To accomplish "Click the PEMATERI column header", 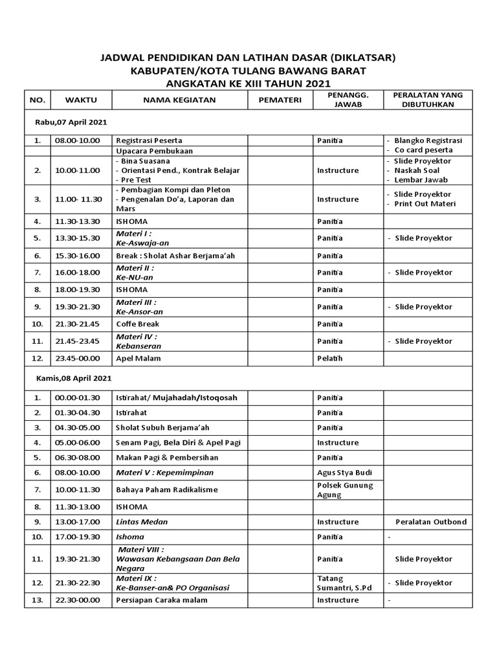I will pyautogui.click(x=280, y=100).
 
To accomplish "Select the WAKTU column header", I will pyautogui.click(x=81, y=100).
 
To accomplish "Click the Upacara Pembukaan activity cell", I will pyautogui.click(x=154, y=150).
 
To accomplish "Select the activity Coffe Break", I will pyautogui.click(x=137, y=324).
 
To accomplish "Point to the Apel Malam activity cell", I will pyautogui.click(x=138, y=357).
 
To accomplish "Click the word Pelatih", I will pyautogui.click(x=329, y=357).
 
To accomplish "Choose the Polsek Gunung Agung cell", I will pyautogui.click(x=345, y=489).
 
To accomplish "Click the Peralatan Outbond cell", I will pyautogui.click(x=430, y=522).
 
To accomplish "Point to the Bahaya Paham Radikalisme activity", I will pyautogui.click(x=166, y=489).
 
